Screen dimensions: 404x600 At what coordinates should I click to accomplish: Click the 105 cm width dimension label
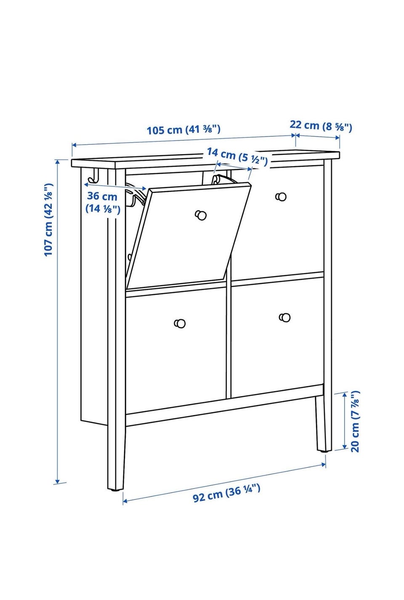[x=183, y=130]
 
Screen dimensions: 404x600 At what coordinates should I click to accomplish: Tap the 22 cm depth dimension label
[x=321, y=126]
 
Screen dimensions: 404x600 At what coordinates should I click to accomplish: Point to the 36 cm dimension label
[x=103, y=202]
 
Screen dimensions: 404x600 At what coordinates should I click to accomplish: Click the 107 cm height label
[x=48, y=220]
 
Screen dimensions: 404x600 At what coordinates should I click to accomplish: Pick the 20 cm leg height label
[x=355, y=421]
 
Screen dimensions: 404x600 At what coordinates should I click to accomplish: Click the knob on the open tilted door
[x=201, y=215]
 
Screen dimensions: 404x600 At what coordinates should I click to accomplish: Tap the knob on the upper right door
[x=281, y=196]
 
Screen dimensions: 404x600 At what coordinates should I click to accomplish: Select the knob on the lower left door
[x=180, y=323]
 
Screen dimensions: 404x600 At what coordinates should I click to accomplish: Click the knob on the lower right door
[x=284, y=317]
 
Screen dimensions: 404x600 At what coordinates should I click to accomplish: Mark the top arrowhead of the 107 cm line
[x=57, y=162]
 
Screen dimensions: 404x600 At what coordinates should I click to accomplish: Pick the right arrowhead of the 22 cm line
[x=338, y=138]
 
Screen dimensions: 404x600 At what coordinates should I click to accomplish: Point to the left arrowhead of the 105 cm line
[x=74, y=145]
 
